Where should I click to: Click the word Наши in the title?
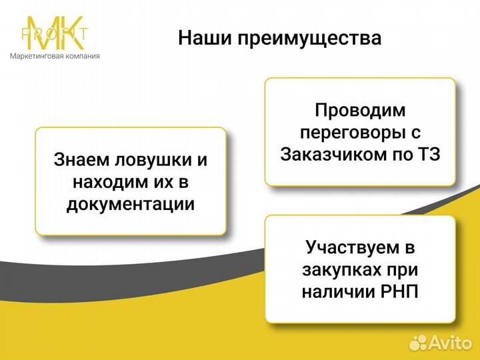coord(199,38)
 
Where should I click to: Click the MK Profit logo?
coord(55,33)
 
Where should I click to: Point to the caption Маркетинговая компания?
coord(55,56)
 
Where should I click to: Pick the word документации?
coord(131,204)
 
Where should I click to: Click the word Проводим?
coord(360,111)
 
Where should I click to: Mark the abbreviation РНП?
coord(401,292)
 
